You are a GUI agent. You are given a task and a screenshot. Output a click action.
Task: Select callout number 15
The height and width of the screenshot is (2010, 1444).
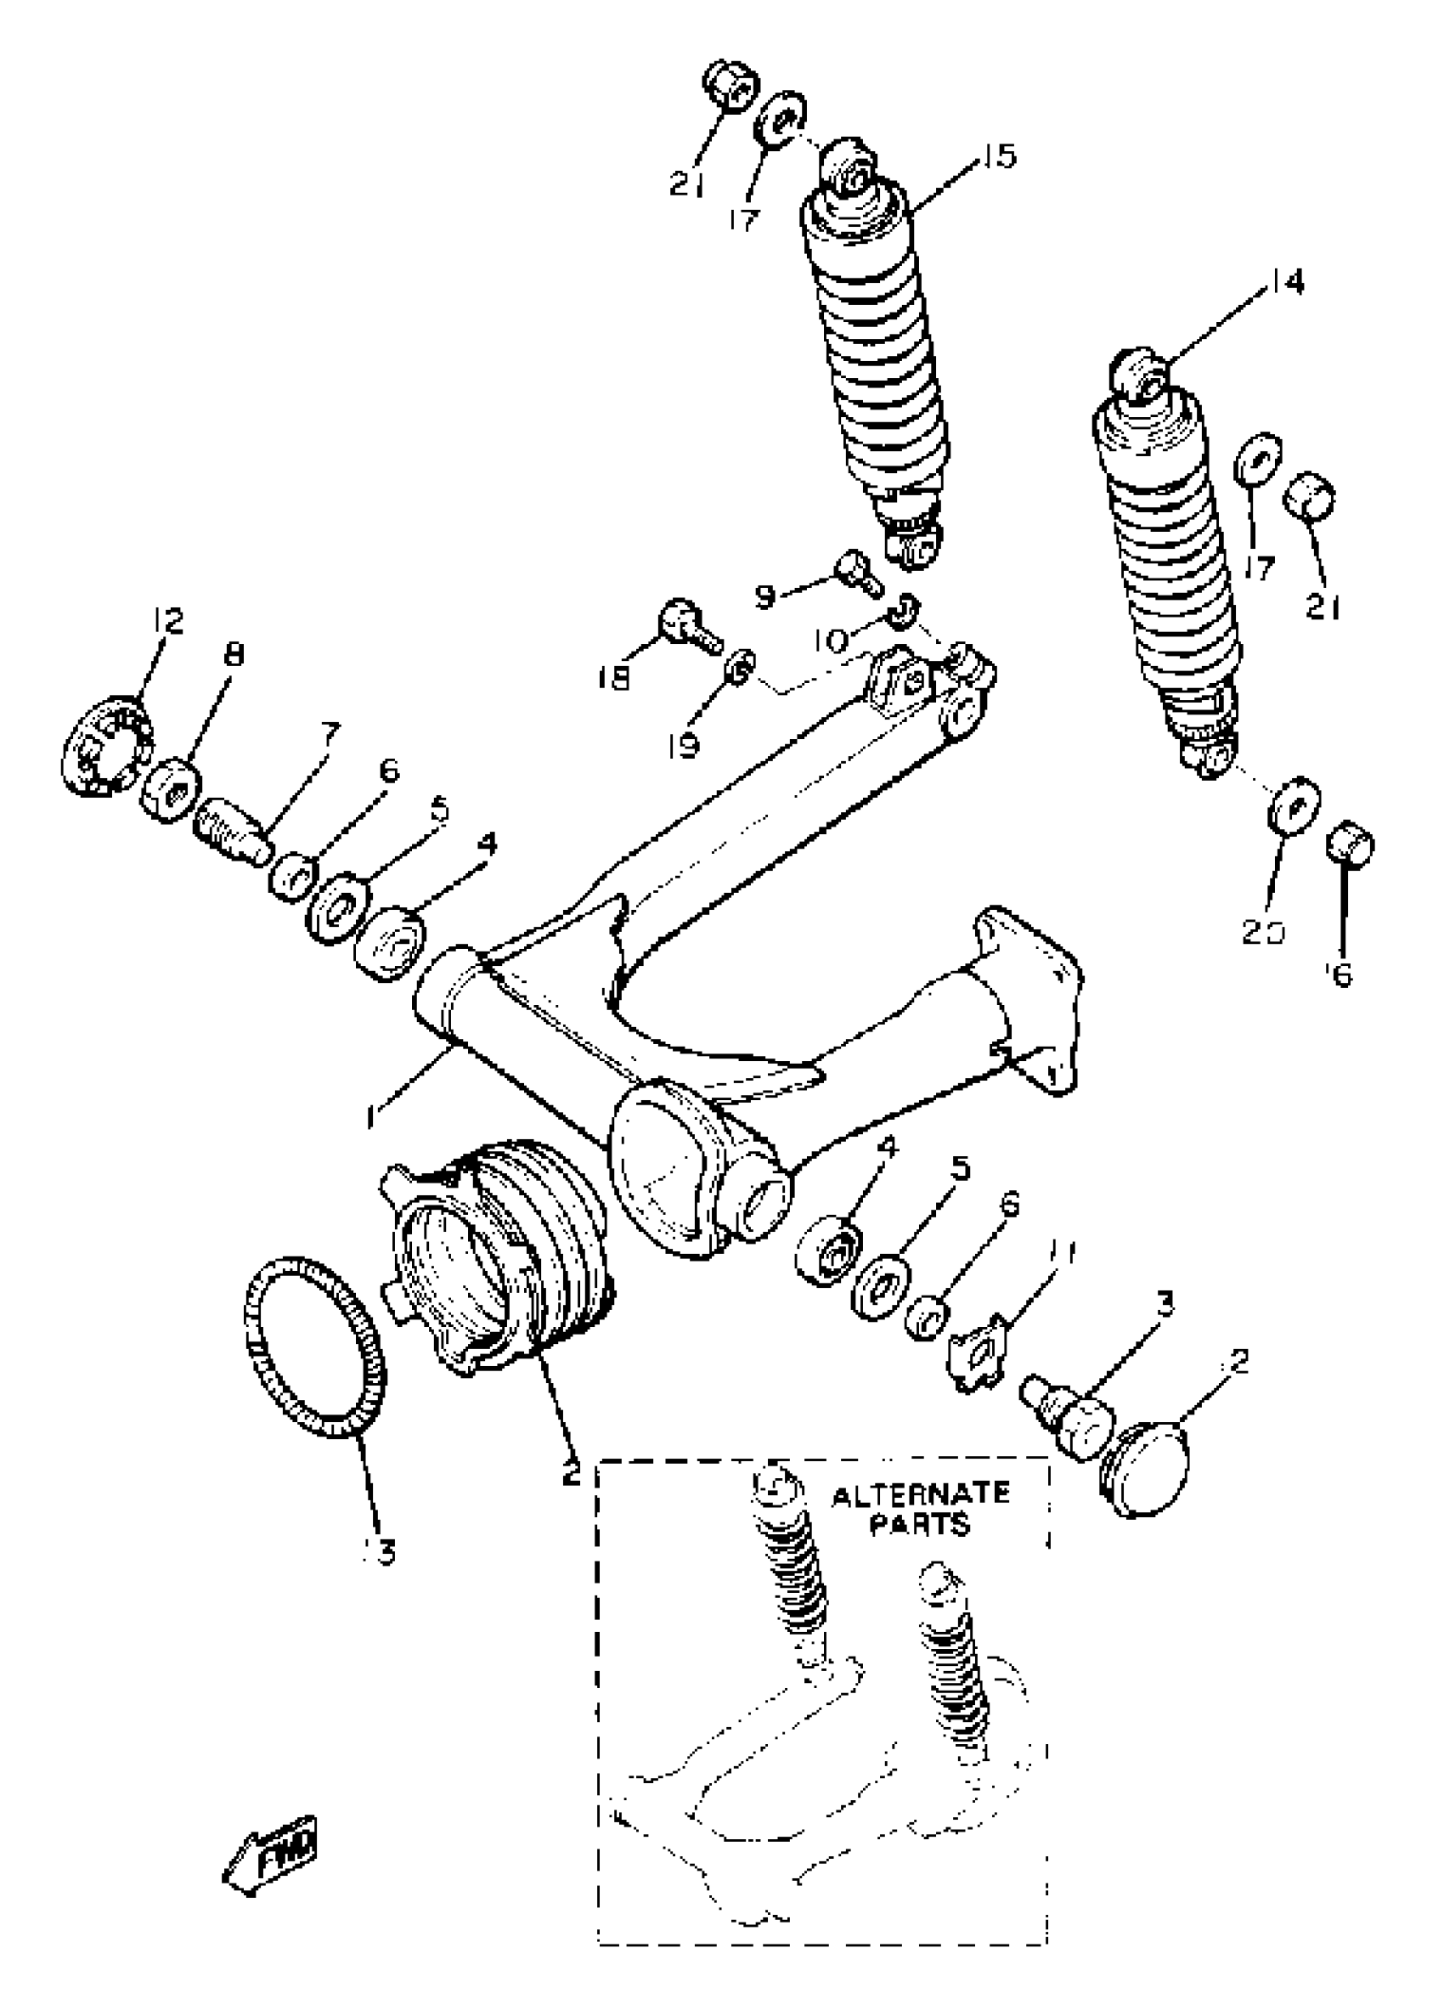pyautogui.click(x=998, y=157)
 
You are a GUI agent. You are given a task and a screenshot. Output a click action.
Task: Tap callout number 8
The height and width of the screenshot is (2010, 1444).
pyautogui.click(x=233, y=656)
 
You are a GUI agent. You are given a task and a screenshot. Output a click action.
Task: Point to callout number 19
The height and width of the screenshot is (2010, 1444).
pyautogui.click(x=684, y=744)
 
